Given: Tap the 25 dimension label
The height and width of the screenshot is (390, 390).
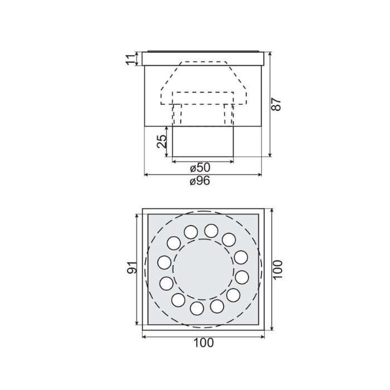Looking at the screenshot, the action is click(162, 142).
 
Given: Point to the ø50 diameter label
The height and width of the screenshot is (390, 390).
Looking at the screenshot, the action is click(200, 167).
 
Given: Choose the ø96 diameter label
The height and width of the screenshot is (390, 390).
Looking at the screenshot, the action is click(200, 181).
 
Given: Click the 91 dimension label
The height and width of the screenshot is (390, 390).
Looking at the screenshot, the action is click(132, 267).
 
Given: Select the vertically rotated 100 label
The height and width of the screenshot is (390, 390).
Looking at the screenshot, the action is click(277, 270).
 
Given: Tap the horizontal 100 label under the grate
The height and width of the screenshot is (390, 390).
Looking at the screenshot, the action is click(203, 343).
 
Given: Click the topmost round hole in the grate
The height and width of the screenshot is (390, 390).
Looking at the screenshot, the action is click(211, 231).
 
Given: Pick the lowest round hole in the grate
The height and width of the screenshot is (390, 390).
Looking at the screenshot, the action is click(197, 309).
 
